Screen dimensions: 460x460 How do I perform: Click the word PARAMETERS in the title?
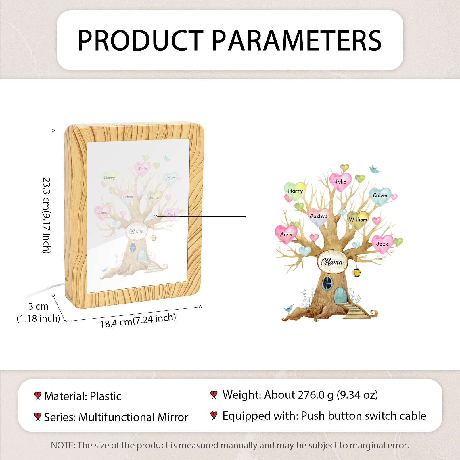pyautogui.click(x=297, y=41)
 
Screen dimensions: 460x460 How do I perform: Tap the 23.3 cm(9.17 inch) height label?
pyautogui.click(x=47, y=215)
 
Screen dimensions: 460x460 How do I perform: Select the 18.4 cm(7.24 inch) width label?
pyautogui.click(x=138, y=321)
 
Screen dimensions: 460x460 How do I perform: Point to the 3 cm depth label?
pyautogui.click(x=39, y=306)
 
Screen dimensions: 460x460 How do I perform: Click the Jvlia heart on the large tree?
pyautogui.click(x=340, y=182)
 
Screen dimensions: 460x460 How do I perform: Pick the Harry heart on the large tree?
pyautogui.click(x=295, y=191)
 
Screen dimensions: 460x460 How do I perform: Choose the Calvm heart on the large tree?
pyautogui.click(x=380, y=196)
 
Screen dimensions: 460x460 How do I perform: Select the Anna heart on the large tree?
pyautogui.click(x=286, y=234)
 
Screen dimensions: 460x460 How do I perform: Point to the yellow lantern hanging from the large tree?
pyautogui.click(x=356, y=272)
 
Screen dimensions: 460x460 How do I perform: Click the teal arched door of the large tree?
pyautogui.click(x=341, y=295)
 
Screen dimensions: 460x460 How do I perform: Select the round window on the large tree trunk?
pyautogui.click(x=327, y=283)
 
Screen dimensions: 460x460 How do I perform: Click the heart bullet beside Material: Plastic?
pyautogui.click(x=37, y=396)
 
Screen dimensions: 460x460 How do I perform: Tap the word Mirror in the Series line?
pyautogui.click(x=173, y=417)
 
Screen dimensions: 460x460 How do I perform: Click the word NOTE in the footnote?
pyautogui.click(x=63, y=445)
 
